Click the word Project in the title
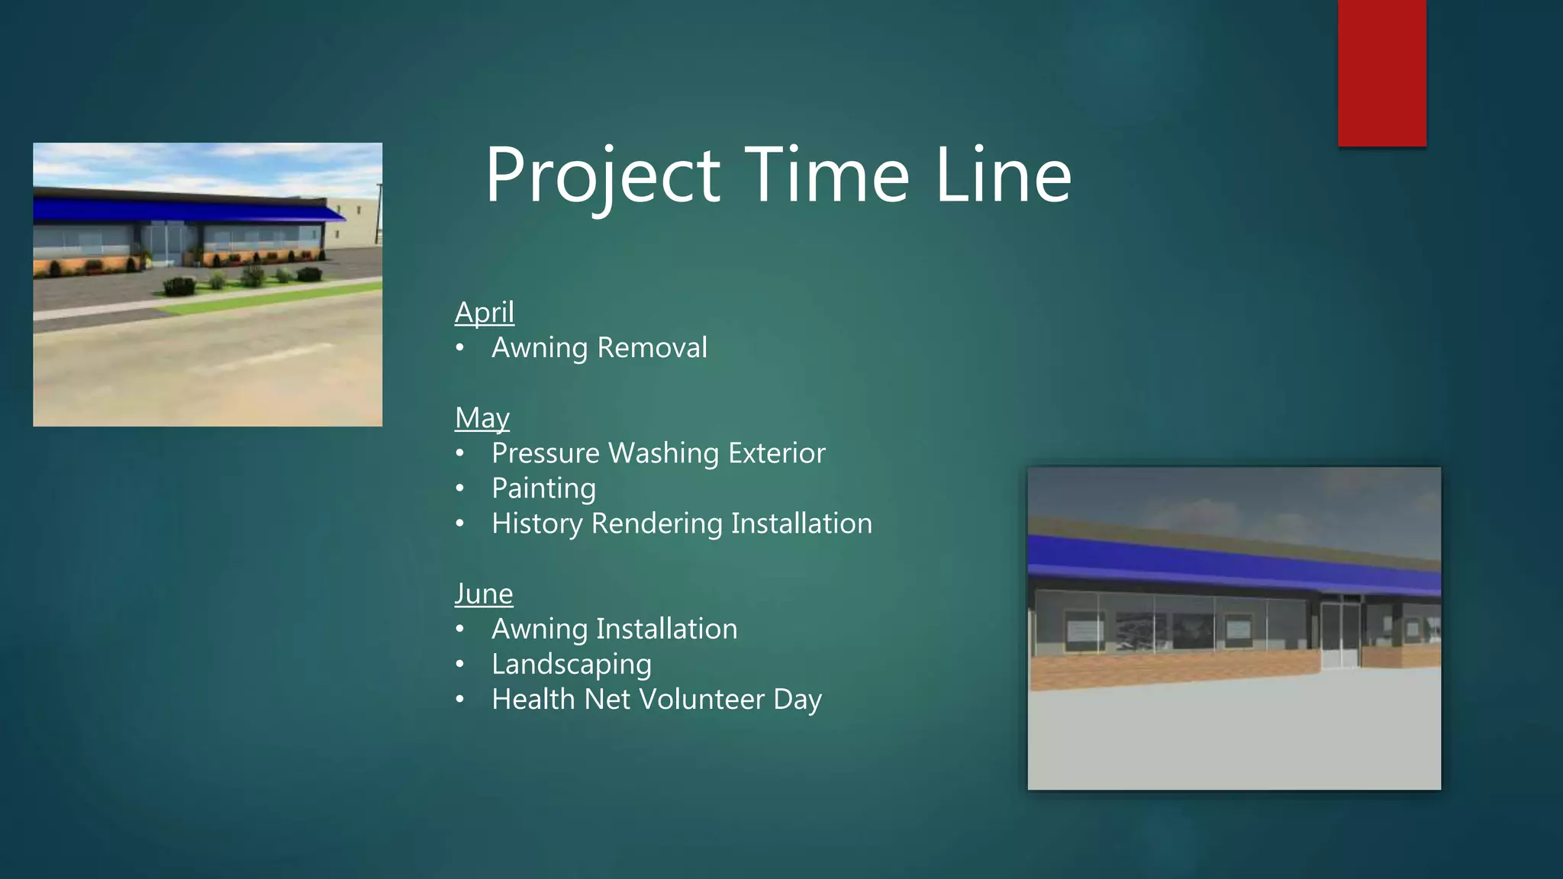click(x=603, y=177)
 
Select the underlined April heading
click(x=484, y=313)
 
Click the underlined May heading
click(x=482, y=418)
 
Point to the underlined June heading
click(x=483, y=594)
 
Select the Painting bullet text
click(x=543, y=488)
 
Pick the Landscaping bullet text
click(x=571, y=665)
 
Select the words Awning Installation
click(x=614, y=629)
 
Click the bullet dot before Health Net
click(x=459, y=700)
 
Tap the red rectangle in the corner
click(x=1381, y=72)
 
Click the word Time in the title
click(x=827, y=177)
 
